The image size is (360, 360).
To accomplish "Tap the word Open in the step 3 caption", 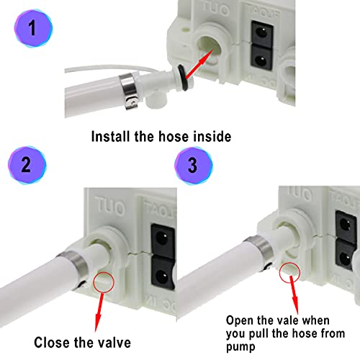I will (240, 320).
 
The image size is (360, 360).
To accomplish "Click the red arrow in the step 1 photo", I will (204, 62).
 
